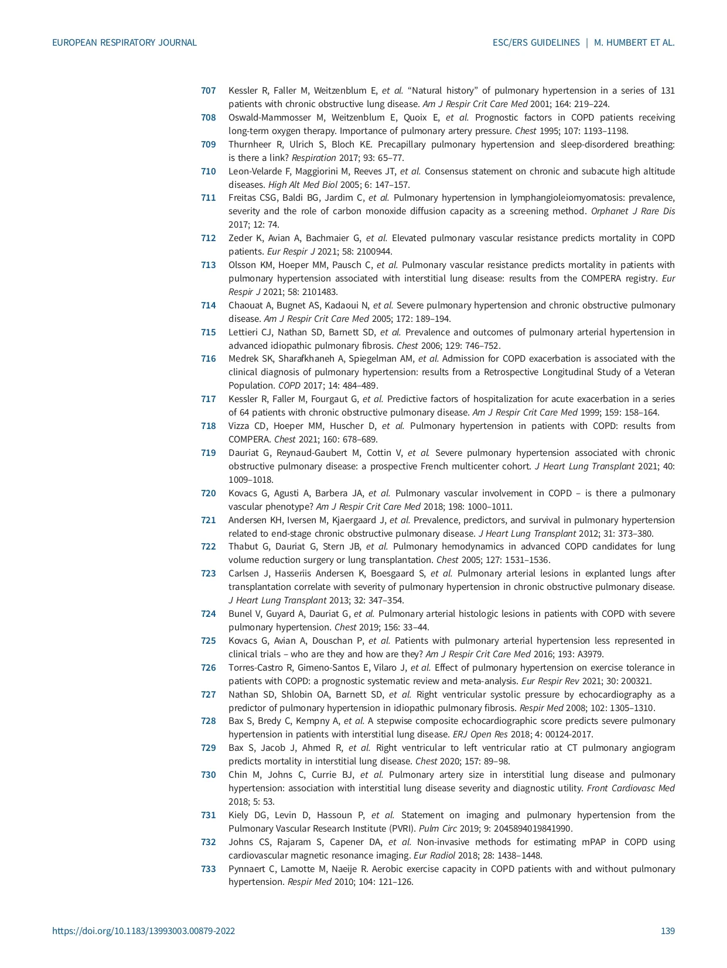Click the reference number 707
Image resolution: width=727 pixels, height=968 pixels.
point(208,91)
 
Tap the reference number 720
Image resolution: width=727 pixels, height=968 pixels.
point(208,493)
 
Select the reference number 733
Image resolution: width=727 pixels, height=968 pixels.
point(208,869)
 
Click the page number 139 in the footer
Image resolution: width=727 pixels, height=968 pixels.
point(667,931)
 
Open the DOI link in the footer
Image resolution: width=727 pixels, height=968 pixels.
point(144,931)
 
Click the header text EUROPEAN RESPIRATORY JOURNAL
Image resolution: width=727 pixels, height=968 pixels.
point(124,43)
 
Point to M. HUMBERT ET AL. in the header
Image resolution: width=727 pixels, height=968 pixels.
point(634,43)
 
